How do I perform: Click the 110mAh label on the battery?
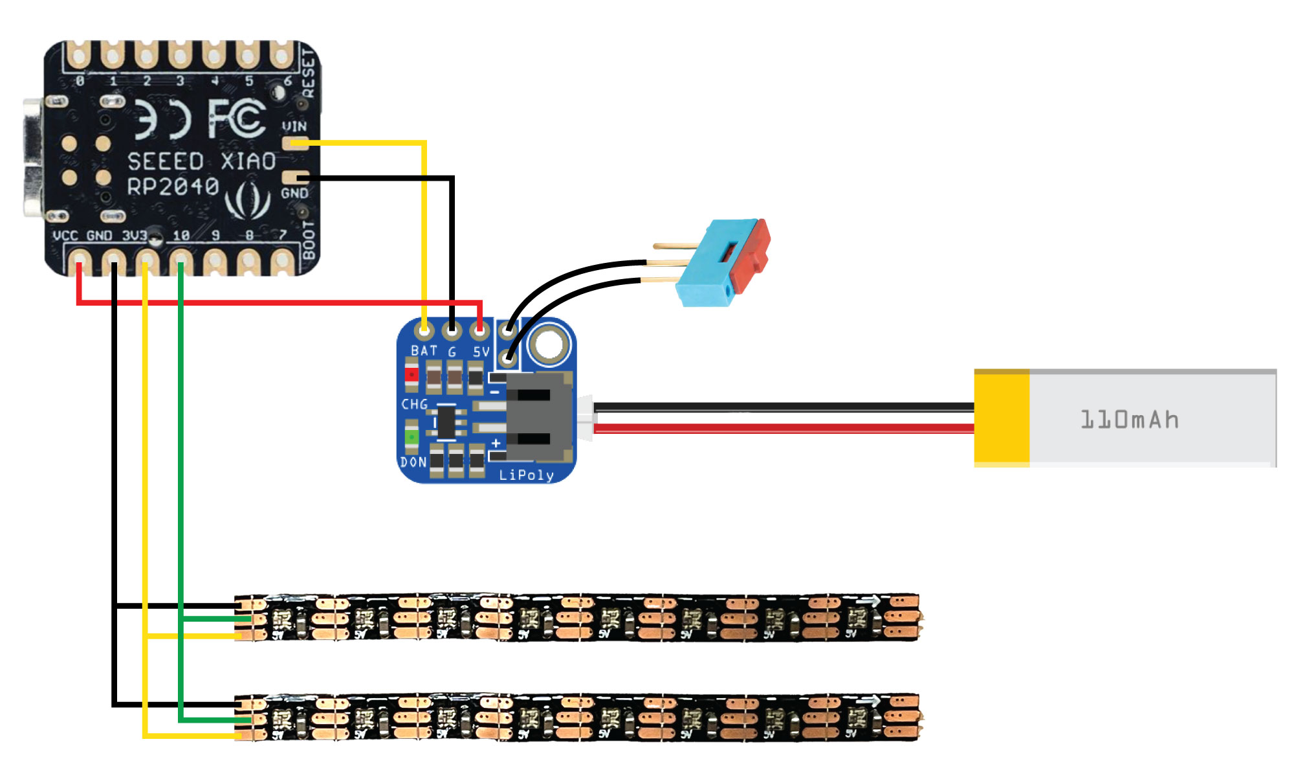point(1130,420)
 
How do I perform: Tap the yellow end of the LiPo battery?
point(1002,418)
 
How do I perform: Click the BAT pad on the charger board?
point(424,332)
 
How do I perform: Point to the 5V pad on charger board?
point(479,332)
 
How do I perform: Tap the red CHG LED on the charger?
point(411,374)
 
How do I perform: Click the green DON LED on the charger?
point(411,437)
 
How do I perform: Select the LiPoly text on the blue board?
point(526,475)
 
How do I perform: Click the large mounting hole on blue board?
point(549,343)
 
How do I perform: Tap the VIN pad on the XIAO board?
point(295,142)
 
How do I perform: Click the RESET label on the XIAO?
point(309,73)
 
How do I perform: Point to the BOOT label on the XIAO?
point(309,240)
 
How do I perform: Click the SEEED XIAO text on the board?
point(201,161)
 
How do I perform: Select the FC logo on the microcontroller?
point(237,119)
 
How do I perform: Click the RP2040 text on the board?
point(173,187)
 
